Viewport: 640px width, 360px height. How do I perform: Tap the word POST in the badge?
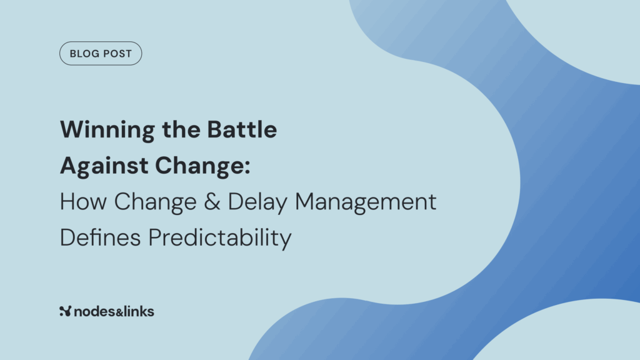[x=116, y=54]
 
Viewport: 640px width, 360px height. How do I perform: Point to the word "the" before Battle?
[x=181, y=129]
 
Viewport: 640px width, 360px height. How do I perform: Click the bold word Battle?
[x=242, y=129]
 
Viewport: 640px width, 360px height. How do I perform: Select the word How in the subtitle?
[x=83, y=202]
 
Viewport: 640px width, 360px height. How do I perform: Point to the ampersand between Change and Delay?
[x=212, y=202]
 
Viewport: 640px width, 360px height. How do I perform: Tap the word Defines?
[x=101, y=237]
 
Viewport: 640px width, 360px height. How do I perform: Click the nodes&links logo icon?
[x=65, y=311]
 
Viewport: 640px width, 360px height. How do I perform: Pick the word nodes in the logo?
[x=95, y=312]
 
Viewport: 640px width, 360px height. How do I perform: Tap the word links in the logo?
[x=138, y=311]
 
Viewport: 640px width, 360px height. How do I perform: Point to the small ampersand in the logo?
[x=119, y=313]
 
